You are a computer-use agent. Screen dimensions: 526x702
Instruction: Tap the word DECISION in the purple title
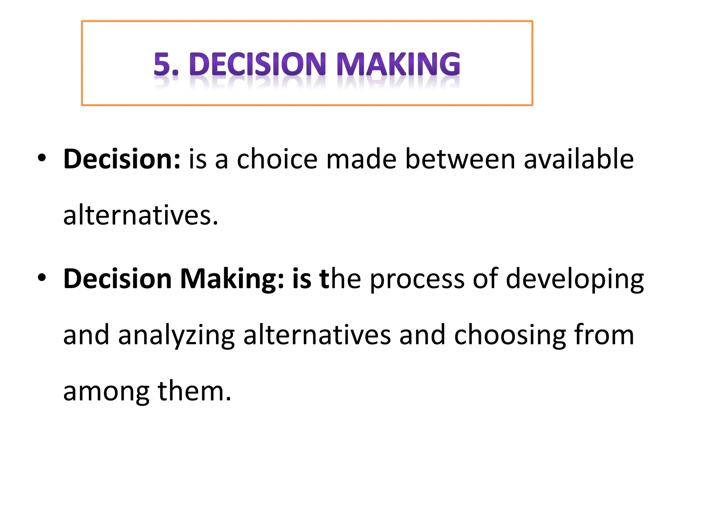(x=257, y=64)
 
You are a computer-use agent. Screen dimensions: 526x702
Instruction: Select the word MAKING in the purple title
(x=399, y=64)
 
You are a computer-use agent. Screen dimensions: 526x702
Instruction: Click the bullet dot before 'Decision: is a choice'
(x=42, y=158)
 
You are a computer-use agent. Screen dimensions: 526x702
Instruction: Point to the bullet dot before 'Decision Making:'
(x=42, y=277)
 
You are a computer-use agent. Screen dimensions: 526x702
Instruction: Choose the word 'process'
(x=417, y=279)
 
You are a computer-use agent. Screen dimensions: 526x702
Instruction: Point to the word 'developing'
(x=575, y=279)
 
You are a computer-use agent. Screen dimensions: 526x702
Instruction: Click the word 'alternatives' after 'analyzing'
(x=317, y=335)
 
